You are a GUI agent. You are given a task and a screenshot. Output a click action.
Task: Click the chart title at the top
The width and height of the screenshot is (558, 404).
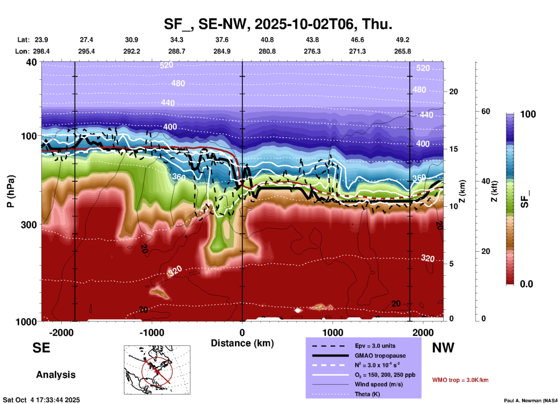click(278, 24)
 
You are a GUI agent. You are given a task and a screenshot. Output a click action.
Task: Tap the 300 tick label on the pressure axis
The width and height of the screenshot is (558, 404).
click(29, 225)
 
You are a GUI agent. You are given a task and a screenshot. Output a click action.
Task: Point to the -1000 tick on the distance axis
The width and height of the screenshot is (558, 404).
click(152, 333)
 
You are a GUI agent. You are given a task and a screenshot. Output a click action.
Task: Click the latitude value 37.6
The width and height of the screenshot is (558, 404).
click(222, 40)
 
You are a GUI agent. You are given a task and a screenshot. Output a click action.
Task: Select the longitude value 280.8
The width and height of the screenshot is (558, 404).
click(267, 51)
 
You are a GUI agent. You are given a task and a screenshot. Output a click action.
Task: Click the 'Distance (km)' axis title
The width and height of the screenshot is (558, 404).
click(242, 343)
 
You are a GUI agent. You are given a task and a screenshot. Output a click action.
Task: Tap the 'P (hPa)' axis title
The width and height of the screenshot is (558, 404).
click(11, 191)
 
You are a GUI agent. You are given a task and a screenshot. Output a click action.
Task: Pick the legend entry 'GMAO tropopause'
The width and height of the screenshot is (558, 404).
click(380, 356)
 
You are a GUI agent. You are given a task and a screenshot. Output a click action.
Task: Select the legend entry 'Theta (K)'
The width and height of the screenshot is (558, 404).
click(367, 394)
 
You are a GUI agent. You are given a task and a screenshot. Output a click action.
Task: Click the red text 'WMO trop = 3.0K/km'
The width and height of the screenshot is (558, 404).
click(460, 380)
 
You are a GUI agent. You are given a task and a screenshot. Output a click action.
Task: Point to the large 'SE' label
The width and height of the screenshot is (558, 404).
click(41, 348)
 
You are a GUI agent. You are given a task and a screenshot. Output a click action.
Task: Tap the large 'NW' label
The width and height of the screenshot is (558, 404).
click(443, 348)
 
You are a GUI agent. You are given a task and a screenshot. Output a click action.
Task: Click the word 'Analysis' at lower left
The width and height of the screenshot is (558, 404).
click(56, 375)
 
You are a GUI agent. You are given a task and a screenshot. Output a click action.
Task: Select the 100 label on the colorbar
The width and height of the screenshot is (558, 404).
click(528, 114)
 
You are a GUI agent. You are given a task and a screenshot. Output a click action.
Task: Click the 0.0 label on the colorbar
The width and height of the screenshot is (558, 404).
click(526, 284)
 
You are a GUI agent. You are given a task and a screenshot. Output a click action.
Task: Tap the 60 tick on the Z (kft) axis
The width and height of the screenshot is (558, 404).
click(486, 111)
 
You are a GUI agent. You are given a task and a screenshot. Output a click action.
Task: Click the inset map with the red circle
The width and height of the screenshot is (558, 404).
click(157, 370)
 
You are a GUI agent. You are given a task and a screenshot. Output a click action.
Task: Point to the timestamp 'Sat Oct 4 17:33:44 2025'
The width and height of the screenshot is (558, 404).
click(41, 400)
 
